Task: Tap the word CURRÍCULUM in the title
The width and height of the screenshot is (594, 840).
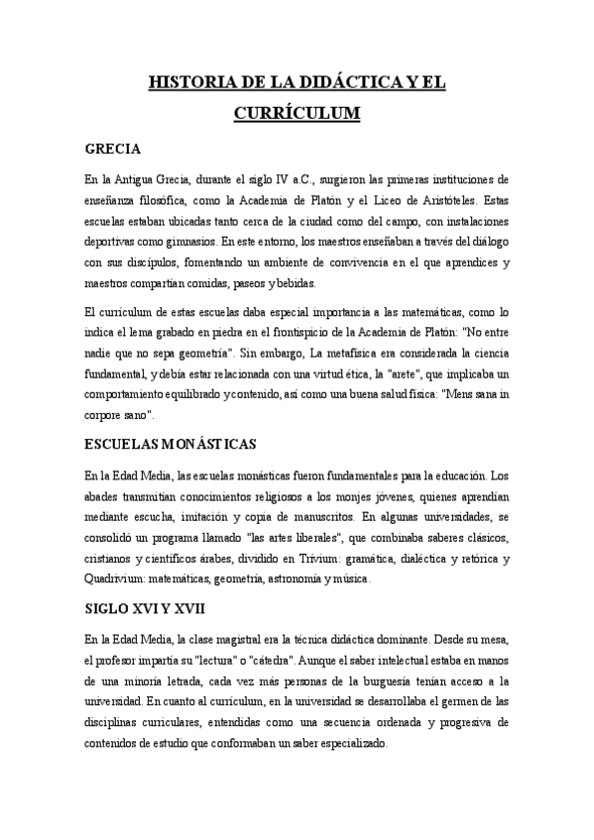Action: pyautogui.click(x=297, y=114)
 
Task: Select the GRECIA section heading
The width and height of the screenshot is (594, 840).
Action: pyautogui.click(x=117, y=150)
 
